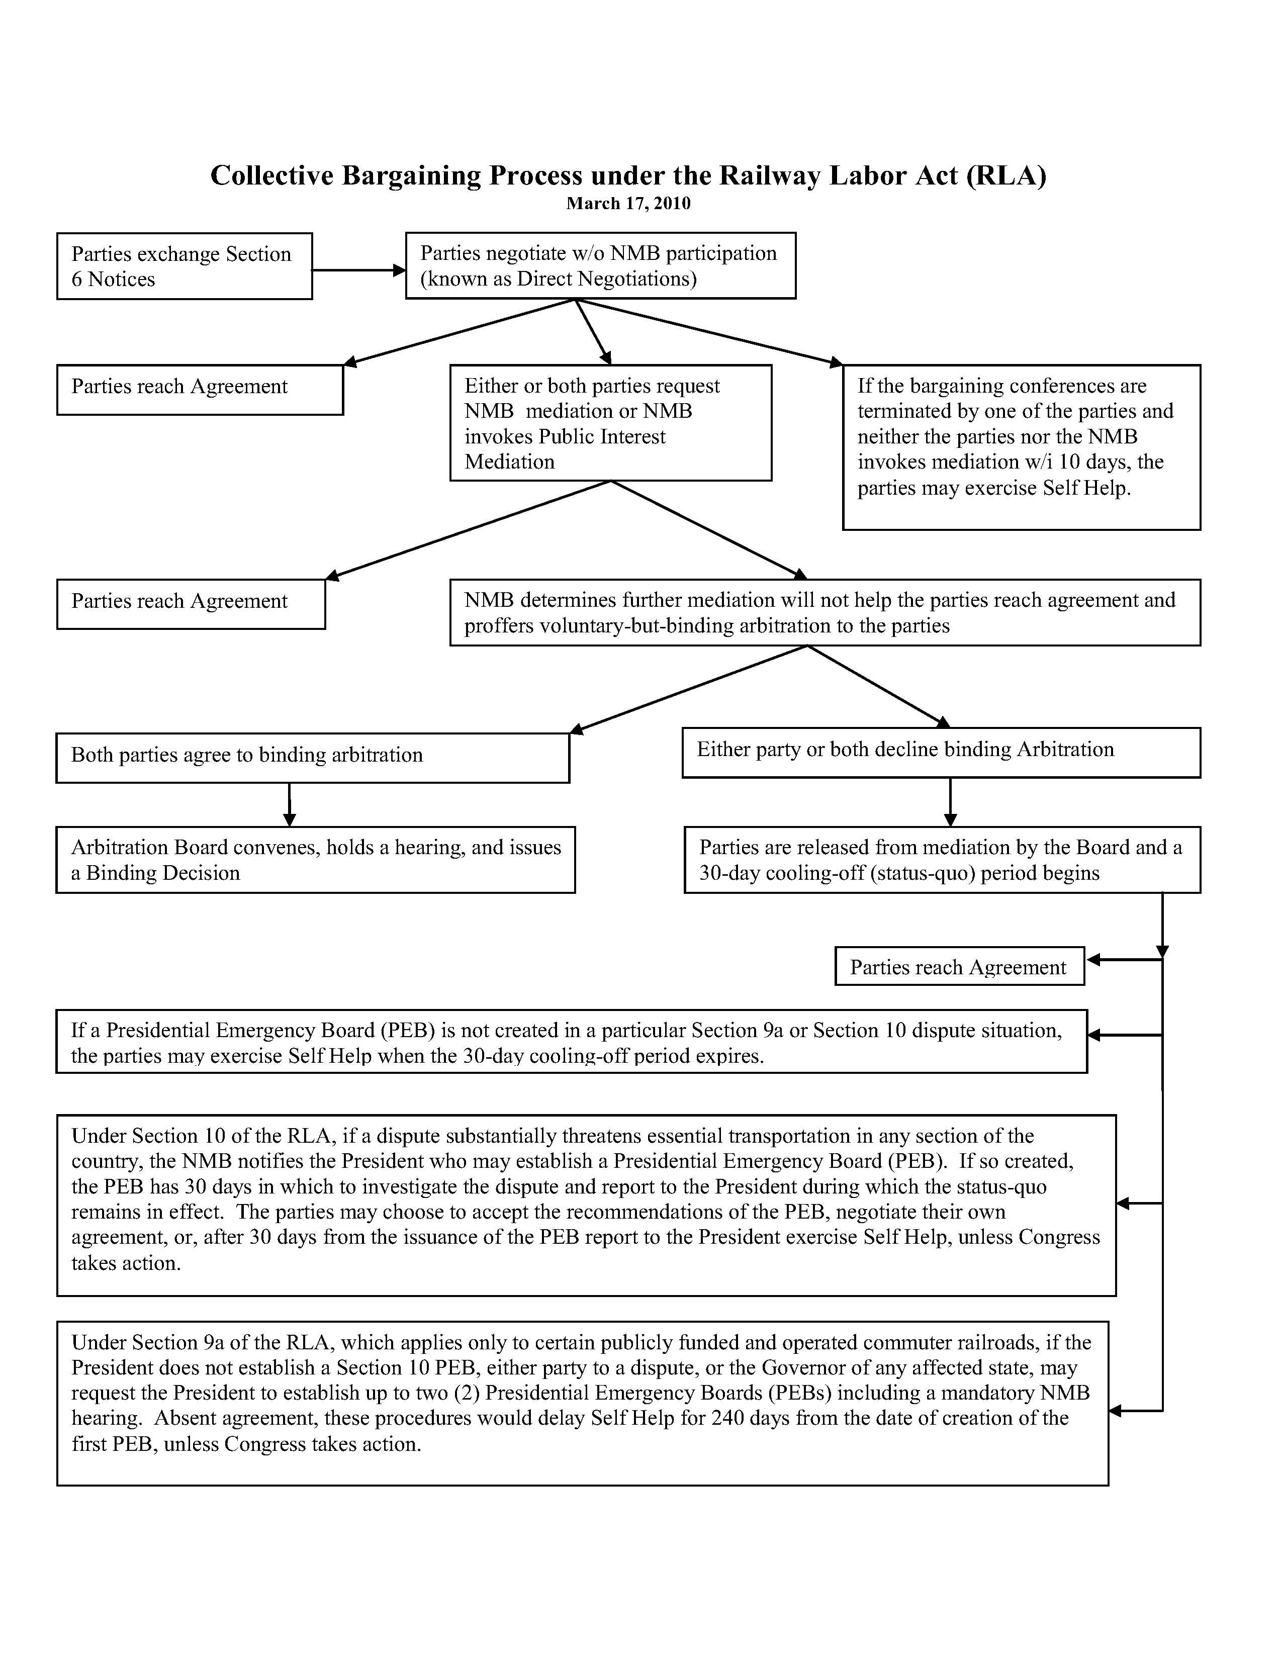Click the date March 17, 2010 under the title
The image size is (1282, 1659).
tap(628, 204)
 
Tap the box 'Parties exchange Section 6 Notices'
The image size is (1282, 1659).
tap(185, 266)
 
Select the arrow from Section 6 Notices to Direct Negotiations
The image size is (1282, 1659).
tap(358, 269)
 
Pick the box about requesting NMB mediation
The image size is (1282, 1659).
tap(611, 423)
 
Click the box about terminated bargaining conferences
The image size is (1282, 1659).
tap(1022, 447)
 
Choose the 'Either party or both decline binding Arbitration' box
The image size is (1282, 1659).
tap(941, 752)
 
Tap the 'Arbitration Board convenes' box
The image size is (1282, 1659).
tap(315, 860)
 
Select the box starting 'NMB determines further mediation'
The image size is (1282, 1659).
tap(825, 612)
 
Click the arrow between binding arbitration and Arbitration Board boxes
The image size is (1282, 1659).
tap(290, 804)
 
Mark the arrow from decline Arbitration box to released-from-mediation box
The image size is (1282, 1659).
tap(950, 802)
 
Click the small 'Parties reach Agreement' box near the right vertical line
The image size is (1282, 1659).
tap(959, 966)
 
